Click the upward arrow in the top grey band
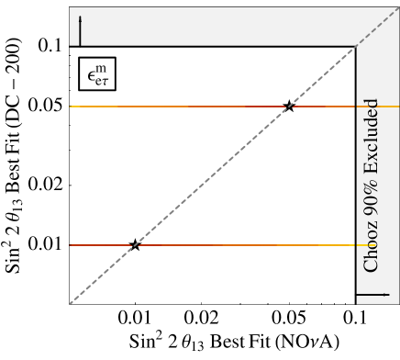80,30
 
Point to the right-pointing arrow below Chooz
373,295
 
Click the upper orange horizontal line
183,107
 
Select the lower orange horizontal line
229,245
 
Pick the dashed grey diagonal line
211,176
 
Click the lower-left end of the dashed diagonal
70,303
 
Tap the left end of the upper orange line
71,107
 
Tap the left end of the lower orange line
71,245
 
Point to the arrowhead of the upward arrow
80,18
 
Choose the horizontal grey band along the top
211,26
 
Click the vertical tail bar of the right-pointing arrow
358,295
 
